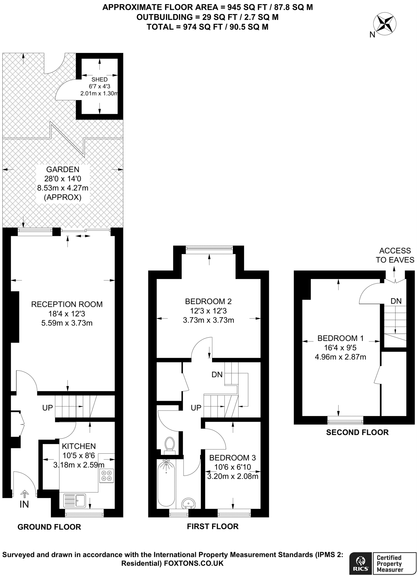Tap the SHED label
[x=99, y=80]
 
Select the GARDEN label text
[x=63, y=169]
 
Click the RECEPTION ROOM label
[x=67, y=304]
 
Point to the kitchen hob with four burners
[x=107, y=476]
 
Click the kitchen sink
[x=75, y=501]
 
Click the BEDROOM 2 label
[x=208, y=301]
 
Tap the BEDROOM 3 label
[x=232, y=458]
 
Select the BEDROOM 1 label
[x=340, y=338]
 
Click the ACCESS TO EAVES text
[x=395, y=255]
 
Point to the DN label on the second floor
[x=396, y=301]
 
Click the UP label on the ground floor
[x=48, y=408]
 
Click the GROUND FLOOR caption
[x=49, y=527]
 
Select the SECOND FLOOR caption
[x=357, y=432]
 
